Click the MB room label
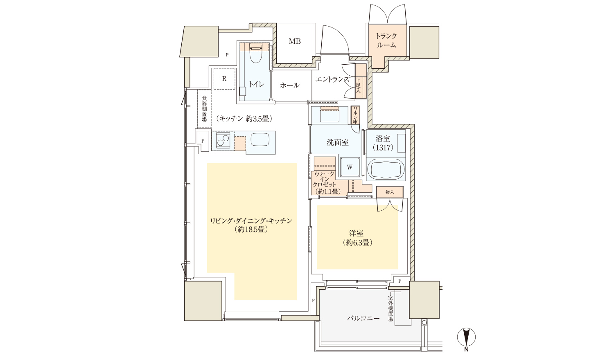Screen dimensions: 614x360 click(295, 41)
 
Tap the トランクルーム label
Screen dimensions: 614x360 click(386, 40)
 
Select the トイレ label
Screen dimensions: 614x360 click(256, 84)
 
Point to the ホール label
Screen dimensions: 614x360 click(289, 85)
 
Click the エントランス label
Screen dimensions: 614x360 click(332, 80)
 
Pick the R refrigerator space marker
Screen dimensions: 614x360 click(224, 79)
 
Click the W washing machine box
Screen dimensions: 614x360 click(350, 167)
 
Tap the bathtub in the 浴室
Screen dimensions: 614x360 click(385, 169)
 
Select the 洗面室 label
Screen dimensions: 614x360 click(338, 142)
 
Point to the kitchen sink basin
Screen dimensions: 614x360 click(260, 140)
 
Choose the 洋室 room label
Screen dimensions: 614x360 click(357, 234)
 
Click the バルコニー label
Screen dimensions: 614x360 click(363, 318)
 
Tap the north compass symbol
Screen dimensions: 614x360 click(466, 337)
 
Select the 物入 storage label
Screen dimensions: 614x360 click(390, 192)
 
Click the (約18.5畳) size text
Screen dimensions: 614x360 click(251, 229)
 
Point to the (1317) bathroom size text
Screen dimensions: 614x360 click(383, 148)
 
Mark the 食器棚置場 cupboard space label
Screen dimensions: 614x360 click(205, 108)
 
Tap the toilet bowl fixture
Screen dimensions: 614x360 click(256, 54)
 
